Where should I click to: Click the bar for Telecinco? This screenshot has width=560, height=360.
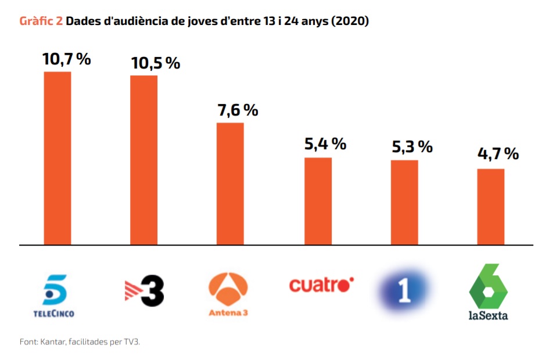point(58,158)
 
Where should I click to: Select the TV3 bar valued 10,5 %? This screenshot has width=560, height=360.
point(143,160)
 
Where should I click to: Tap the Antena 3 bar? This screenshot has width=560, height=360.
point(230,183)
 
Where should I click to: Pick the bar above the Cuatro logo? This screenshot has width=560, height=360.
point(318,201)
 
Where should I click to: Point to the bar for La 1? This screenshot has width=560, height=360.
point(404,202)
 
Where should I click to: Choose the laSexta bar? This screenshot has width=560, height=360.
point(491,207)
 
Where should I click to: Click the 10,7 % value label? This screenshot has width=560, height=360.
point(66,59)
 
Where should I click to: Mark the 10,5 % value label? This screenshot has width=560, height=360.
point(155,63)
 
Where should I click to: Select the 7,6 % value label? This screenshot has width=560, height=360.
point(238,110)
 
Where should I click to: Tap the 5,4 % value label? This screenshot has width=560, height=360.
point(325,143)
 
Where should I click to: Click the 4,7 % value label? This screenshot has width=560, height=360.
point(497,154)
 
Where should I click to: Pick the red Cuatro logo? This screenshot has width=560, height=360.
point(321,285)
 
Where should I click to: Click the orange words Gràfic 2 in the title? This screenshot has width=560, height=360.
point(41,21)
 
